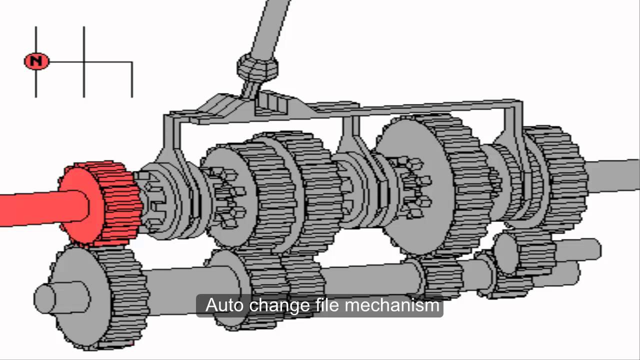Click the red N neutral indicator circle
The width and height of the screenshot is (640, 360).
[36, 61]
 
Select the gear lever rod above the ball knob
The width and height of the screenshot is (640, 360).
[270, 25]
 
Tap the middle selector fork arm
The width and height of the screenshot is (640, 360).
[347, 145]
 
